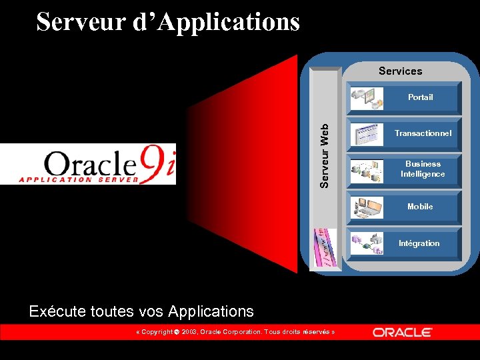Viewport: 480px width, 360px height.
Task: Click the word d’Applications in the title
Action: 217,21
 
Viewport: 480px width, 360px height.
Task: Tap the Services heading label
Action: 400,71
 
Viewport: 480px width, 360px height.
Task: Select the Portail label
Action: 420,97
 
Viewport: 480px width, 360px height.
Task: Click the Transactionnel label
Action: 423,133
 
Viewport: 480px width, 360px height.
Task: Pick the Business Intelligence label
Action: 423,169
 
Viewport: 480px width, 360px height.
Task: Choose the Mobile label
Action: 420,207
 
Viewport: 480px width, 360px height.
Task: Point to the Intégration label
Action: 419,243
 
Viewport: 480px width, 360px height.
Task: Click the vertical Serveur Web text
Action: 324,156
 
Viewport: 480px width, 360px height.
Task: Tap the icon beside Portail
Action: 367,98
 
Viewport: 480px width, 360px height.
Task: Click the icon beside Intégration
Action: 367,243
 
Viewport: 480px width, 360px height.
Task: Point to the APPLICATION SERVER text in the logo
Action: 79,179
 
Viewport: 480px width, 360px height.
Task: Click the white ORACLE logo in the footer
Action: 402,332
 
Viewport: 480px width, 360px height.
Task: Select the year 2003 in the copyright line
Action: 189,332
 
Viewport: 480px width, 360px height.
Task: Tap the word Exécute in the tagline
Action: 54,311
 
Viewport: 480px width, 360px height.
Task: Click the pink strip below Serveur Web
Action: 325,248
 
